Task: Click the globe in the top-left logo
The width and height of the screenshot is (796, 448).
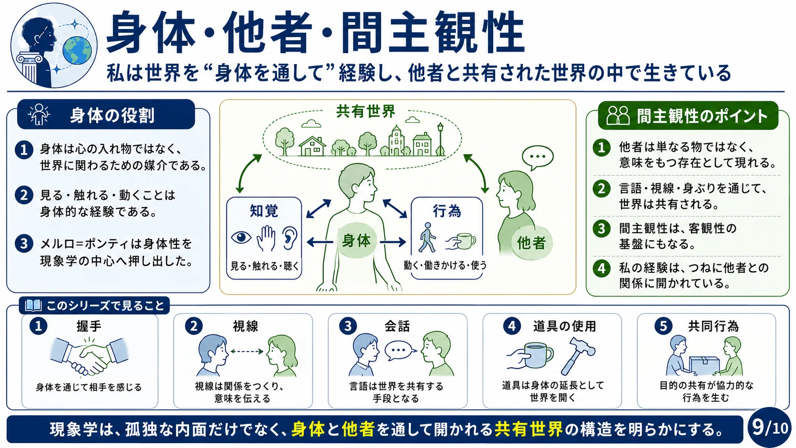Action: click(77, 50)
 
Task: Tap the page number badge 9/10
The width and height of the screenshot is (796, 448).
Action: click(770, 428)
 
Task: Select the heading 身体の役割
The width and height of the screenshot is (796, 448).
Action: click(112, 115)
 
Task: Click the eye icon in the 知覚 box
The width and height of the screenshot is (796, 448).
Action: click(241, 237)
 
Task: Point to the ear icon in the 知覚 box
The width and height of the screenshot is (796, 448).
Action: click(289, 238)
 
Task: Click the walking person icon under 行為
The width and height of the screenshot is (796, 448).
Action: click(427, 237)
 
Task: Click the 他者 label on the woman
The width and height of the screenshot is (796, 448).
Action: click(531, 243)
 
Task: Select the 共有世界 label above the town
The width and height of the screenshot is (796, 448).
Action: click(366, 111)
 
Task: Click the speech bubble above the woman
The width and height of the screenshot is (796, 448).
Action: click(537, 158)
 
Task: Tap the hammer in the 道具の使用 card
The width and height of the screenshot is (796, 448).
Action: click(577, 354)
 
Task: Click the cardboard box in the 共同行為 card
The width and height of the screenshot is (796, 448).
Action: click(704, 365)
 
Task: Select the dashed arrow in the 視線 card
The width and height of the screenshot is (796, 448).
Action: click(247, 351)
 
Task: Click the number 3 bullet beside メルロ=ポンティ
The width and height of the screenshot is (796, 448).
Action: click(24, 244)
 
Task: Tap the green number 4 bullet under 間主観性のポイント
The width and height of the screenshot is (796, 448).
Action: click(601, 268)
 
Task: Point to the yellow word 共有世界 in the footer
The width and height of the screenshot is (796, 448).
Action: click(528, 429)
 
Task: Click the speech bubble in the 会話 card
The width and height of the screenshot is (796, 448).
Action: click(400, 350)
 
